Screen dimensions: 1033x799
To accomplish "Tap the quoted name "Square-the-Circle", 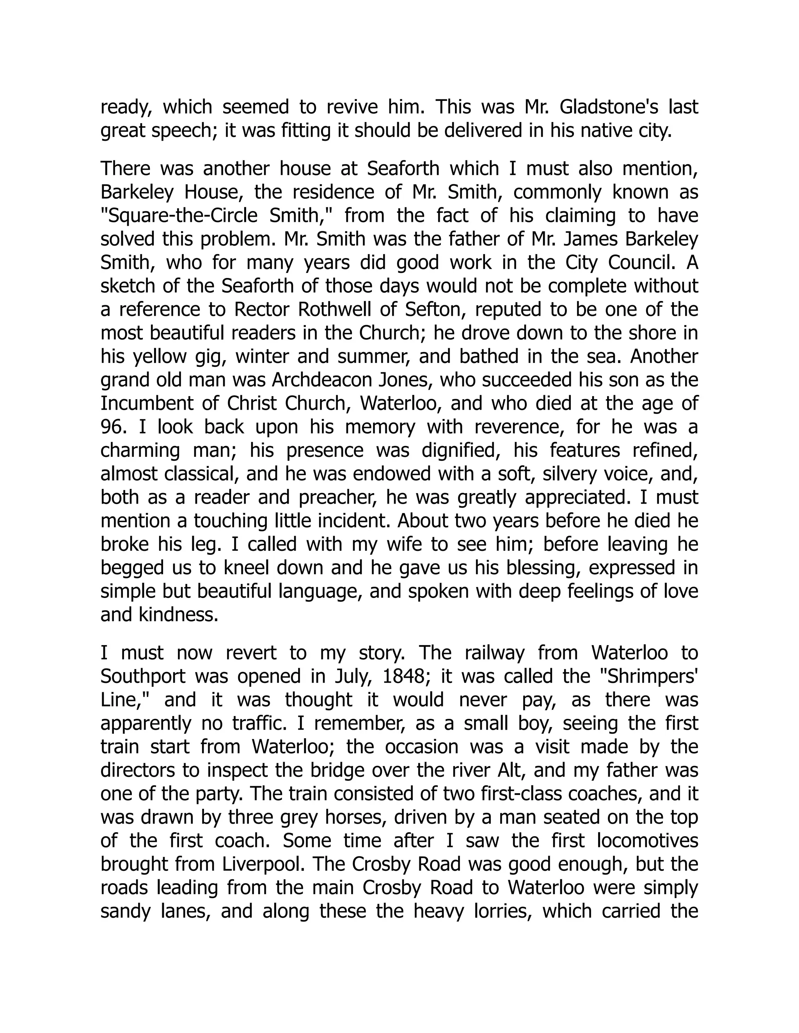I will tap(179, 216).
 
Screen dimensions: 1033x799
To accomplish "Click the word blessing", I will tap(543, 568).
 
